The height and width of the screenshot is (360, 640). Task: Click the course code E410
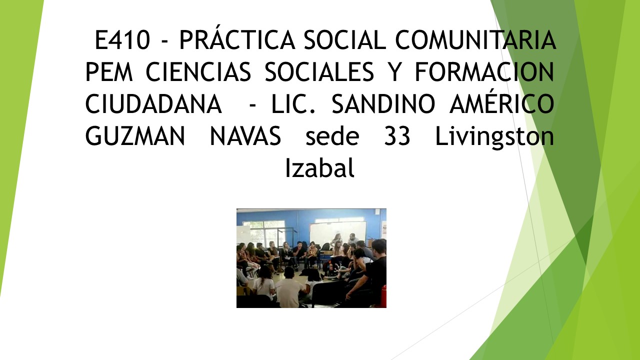click(x=122, y=40)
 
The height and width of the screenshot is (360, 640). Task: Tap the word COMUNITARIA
click(x=475, y=40)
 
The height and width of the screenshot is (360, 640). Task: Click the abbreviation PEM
click(x=109, y=72)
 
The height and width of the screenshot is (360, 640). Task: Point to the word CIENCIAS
click(x=198, y=72)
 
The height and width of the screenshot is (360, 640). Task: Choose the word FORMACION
click(x=484, y=72)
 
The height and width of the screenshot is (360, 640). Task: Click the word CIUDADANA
click(x=153, y=104)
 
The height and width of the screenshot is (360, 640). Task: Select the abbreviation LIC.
click(x=293, y=104)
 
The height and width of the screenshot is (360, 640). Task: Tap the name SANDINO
click(x=383, y=104)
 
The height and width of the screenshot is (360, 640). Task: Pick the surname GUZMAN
click(x=135, y=136)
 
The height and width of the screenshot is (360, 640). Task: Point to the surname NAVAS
click(x=245, y=136)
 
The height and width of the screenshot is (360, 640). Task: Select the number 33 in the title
click(x=397, y=136)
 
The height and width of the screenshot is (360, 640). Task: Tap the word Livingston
click(x=494, y=137)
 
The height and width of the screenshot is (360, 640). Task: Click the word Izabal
click(x=320, y=167)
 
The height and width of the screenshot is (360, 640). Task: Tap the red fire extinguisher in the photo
click(x=384, y=296)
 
